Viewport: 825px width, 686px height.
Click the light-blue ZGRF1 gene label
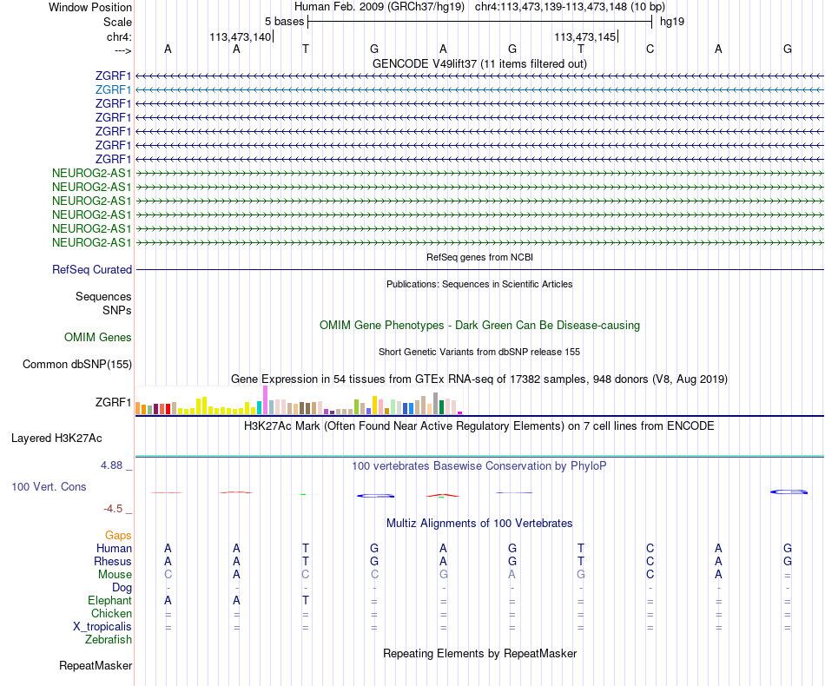click(x=114, y=89)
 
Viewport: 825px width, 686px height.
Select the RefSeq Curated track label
click(x=92, y=270)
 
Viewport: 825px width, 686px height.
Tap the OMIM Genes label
click(x=98, y=337)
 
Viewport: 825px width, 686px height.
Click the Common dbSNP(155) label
click(x=76, y=365)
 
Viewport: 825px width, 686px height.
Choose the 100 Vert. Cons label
click(x=49, y=487)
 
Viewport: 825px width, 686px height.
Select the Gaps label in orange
click(x=118, y=536)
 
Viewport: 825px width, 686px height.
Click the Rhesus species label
click(x=113, y=561)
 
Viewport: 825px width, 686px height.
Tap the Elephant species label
click(x=110, y=600)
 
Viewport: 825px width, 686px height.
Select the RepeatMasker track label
click(x=96, y=666)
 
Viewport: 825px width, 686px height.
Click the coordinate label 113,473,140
click(x=240, y=37)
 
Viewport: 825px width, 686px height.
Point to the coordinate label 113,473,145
click(x=584, y=37)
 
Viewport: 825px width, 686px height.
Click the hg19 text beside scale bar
click(x=672, y=22)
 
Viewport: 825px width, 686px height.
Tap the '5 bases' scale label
click(x=284, y=22)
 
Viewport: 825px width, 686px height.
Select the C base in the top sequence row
click(x=650, y=49)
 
